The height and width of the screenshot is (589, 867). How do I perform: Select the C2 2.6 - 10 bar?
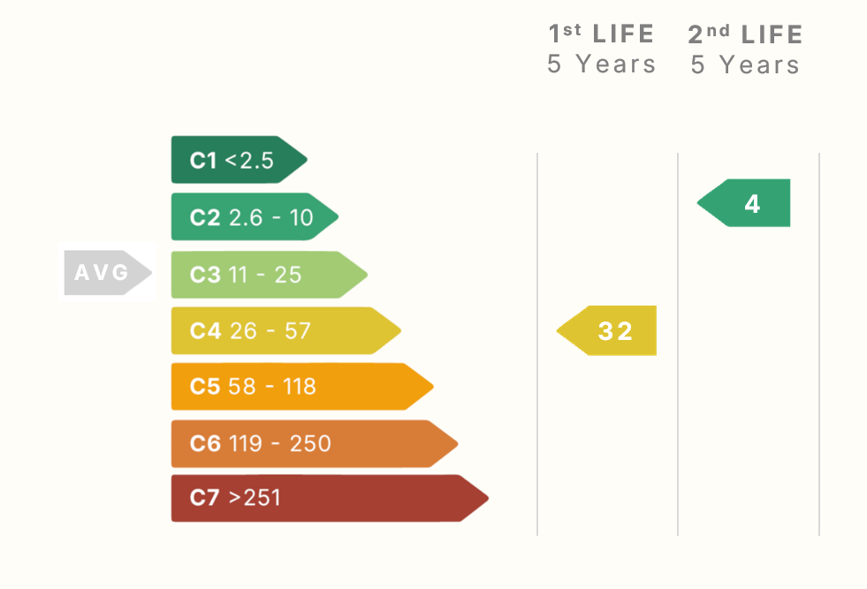253,217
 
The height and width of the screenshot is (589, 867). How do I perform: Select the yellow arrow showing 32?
609,331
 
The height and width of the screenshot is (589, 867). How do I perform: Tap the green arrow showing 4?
746,204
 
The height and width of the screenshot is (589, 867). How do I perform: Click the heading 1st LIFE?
601,34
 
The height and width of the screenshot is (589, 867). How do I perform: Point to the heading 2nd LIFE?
745,34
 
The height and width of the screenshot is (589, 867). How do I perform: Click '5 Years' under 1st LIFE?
601,64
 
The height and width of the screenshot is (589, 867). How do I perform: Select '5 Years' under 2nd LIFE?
745,64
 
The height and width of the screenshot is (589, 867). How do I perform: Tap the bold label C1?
203,161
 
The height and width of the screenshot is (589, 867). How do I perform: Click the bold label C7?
204,498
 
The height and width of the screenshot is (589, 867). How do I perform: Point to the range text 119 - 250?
279,443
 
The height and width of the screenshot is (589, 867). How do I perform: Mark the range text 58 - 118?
272,387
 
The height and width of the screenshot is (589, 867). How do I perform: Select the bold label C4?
205,331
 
